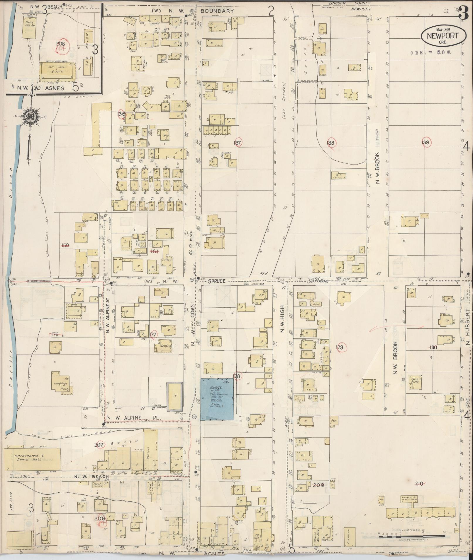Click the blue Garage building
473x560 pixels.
coord(217,399)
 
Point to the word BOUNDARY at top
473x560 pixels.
coord(217,11)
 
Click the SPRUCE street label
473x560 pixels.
coord(217,281)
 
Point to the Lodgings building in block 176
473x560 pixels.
coord(60,383)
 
